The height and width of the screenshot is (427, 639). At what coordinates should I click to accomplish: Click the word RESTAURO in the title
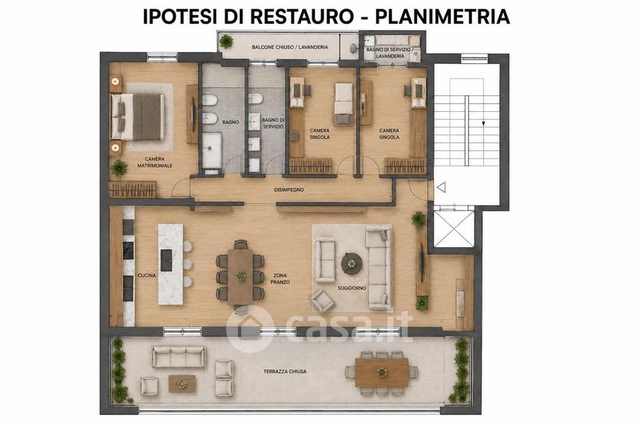tap(301, 16)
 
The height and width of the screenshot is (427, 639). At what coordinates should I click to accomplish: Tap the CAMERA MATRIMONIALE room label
tap(154, 162)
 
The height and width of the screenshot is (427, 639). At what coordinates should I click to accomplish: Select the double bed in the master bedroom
tap(138, 117)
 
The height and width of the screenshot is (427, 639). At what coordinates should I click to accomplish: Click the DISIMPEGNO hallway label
tap(289, 190)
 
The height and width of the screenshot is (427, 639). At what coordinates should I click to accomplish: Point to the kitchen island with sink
tap(171, 264)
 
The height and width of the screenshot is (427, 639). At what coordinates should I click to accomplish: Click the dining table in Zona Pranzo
tap(240, 277)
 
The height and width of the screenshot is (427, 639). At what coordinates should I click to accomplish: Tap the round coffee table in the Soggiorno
tap(351, 263)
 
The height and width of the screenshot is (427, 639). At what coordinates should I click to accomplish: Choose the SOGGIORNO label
tap(351, 288)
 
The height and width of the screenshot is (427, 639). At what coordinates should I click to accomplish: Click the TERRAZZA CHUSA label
tap(285, 372)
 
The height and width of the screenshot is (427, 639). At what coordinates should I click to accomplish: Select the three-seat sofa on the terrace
tap(178, 357)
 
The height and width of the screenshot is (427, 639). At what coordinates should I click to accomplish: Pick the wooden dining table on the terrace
tap(382, 372)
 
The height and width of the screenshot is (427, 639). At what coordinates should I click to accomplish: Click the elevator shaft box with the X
tap(454, 229)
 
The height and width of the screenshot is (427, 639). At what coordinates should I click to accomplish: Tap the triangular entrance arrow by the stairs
tap(441, 188)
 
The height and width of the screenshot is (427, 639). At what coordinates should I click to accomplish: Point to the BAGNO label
tap(231, 122)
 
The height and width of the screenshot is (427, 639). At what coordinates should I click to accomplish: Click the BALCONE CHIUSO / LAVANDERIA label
tap(290, 47)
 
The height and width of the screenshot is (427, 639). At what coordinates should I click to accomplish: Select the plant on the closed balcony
tap(226, 42)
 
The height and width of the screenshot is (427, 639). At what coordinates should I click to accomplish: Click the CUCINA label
tap(147, 275)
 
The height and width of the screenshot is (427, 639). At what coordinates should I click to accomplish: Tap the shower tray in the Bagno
tap(212, 150)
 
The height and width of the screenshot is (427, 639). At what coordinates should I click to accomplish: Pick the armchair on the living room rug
tap(322, 301)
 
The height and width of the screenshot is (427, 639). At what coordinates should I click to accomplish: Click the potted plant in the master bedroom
tap(118, 168)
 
